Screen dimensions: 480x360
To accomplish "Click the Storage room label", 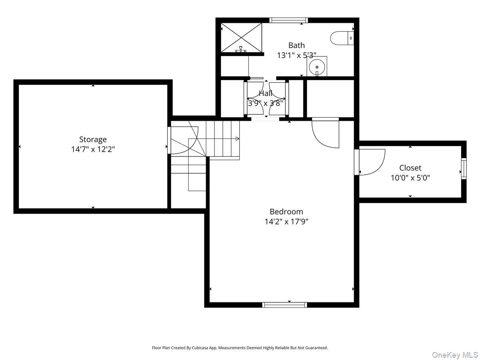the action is (x=93, y=139).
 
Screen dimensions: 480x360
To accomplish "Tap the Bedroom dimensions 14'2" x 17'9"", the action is (x=286, y=222).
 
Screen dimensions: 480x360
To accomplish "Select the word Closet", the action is (x=410, y=168).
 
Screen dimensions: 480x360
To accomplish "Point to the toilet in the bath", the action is (x=342, y=38).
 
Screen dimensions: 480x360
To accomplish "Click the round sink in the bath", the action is (x=316, y=67).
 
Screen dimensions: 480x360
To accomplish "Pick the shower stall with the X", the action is (x=242, y=38).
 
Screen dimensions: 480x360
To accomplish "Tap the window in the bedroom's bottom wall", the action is (x=284, y=305).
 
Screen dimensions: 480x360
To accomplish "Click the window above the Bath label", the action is (x=289, y=20).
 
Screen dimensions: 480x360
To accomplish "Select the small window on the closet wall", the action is (x=464, y=169).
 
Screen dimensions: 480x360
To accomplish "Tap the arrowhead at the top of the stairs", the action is (x=237, y=138).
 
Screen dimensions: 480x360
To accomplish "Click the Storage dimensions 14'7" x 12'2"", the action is (x=93, y=149).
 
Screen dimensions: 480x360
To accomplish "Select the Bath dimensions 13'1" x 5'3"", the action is (x=296, y=55).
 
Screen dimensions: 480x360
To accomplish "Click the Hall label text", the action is (x=266, y=93).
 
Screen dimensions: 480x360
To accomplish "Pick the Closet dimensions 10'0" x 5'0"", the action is (x=410, y=178).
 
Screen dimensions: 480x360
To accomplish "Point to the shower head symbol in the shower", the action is (x=240, y=49).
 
